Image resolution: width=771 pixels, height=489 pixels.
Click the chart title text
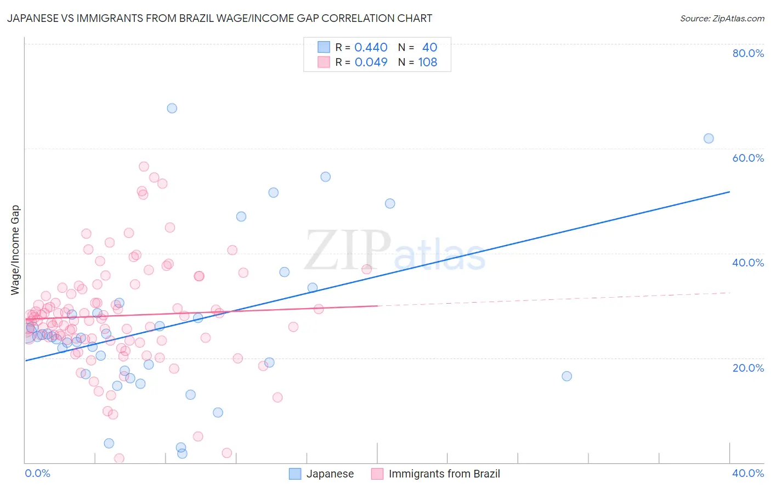click(x=219, y=18)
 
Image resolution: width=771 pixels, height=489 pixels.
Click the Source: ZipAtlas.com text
click(x=722, y=18)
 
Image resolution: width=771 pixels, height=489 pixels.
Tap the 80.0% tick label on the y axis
click(x=748, y=53)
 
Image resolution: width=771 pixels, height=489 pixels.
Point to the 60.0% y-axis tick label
click(x=748, y=158)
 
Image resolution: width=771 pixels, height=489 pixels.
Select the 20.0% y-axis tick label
click(x=748, y=368)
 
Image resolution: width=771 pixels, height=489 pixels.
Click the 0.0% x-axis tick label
click(x=37, y=473)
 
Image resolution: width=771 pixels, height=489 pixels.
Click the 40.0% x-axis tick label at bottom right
click(x=747, y=473)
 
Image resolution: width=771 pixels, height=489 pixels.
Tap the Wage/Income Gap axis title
click(x=15, y=250)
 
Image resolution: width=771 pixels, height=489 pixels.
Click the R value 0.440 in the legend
click(x=371, y=48)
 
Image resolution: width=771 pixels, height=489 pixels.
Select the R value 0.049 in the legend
click(x=371, y=62)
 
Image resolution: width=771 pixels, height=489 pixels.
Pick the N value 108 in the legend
click(x=427, y=62)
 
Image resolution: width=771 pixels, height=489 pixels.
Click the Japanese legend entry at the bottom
click(x=322, y=474)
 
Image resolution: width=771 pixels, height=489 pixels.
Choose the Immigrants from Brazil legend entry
click(x=436, y=474)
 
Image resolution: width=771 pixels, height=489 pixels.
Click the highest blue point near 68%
click(x=172, y=109)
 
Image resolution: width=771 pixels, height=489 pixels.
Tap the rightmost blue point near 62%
click(x=708, y=139)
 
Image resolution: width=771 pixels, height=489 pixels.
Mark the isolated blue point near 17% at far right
click(x=567, y=376)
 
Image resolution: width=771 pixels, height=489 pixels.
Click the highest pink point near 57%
click(x=144, y=167)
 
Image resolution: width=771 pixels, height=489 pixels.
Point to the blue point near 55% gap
click(x=325, y=177)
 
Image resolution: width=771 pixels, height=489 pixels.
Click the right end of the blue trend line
click(x=729, y=192)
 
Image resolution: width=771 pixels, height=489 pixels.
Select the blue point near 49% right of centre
click(x=390, y=203)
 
